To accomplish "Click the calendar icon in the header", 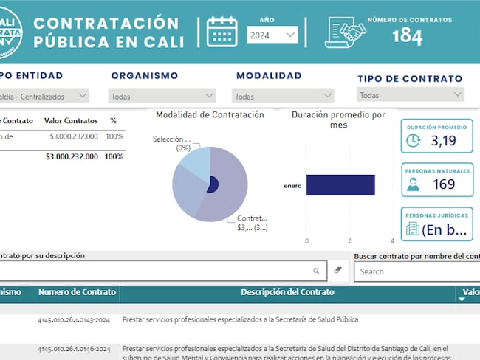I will [x=222, y=32].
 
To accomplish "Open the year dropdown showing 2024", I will [x=272, y=35].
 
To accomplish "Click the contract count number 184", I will [x=407, y=35].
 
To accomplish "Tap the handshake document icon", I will [x=346, y=32].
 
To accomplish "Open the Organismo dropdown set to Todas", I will [x=162, y=96].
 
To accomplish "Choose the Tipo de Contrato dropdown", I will [x=411, y=95].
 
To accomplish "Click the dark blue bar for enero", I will [x=340, y=185].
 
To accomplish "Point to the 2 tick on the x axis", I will [x=349, y=240].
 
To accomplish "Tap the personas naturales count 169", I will [x=444, y=184].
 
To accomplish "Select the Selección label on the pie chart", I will [x=171, y=139].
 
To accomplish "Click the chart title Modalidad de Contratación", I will [x=210, y=115].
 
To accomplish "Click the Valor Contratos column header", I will [x=71, y=120].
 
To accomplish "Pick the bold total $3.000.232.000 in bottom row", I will [x=72, y=156].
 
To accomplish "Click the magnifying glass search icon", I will [x=316, y=271].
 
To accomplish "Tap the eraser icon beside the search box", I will [x=337, y=271].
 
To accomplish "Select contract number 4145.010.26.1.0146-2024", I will [x=74, y=348].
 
